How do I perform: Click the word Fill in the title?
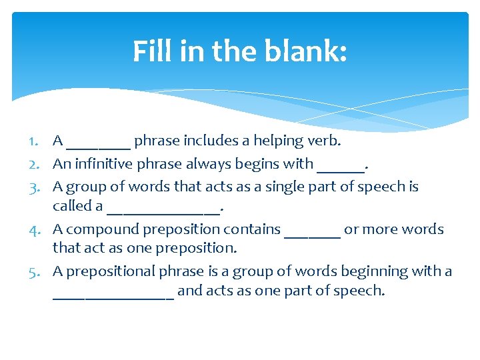151,51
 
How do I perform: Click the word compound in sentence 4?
97,229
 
